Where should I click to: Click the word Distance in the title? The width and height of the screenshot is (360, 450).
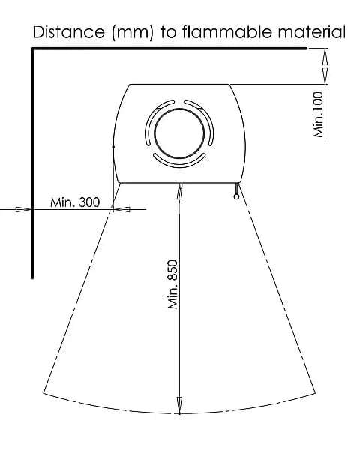click(x=69, y=31)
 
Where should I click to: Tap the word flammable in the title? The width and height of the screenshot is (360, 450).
click(x=226, y=31)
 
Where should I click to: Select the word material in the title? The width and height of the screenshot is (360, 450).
click(x=311, y=31)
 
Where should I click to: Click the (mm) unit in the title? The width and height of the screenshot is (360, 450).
click(x=133, y=32)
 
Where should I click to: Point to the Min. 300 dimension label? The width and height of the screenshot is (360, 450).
click(x=75, y=202)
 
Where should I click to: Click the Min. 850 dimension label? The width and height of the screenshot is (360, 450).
click(x=172, y=284)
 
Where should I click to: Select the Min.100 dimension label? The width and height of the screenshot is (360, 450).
click(x=318, y=114)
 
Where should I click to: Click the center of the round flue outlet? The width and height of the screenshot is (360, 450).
click(x=179, y=133)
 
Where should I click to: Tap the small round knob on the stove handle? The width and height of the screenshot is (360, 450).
click(x=236, y=196)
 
